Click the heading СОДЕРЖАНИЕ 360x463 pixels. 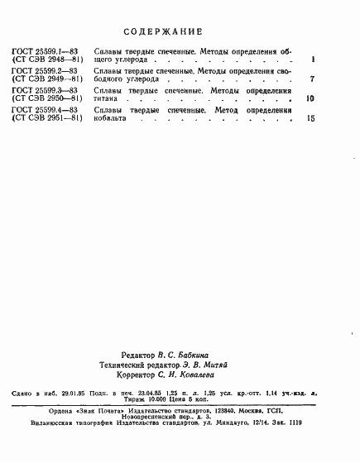pyautogui.click(x=163, y=31)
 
